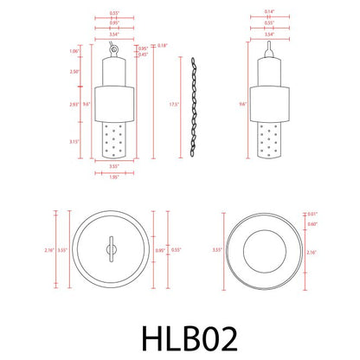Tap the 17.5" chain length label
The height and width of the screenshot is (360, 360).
tap(176, 105)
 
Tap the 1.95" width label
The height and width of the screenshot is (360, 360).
tap(113, 179)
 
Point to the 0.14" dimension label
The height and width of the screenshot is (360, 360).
tap(270, 12)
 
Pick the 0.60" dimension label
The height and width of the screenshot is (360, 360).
tap(312, 223)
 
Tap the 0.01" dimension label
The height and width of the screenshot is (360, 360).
tap(312, 212)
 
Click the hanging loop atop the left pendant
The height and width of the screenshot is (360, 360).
tap(112, 43)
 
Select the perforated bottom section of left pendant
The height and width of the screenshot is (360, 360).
tap(113, 141)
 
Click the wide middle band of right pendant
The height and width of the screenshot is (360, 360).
tap(270, 104)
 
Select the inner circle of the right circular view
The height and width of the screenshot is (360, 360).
tap(265, 249)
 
